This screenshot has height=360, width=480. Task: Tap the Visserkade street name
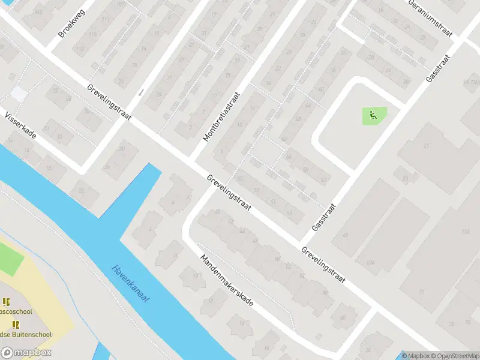[x=20, y=125]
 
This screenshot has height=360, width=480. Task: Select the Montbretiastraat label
[x=221, y=116]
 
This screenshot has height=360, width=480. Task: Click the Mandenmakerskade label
[x=227, y=279]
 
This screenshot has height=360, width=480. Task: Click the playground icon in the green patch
[x=373, y=115]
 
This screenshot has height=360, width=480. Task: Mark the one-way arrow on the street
[x=142, y=92]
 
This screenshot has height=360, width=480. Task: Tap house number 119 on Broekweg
[x=92, y=35]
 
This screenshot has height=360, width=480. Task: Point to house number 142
[x=39, y=12]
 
